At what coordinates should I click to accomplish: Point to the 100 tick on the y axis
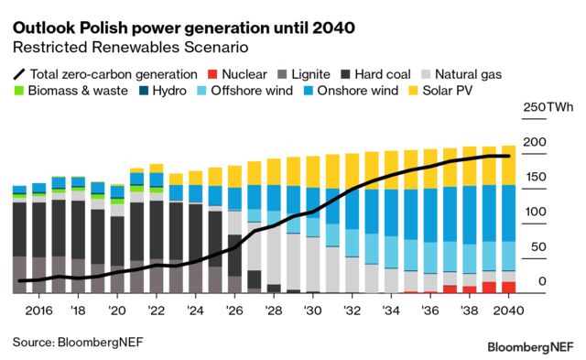[538, 212]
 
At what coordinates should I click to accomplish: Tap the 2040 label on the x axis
[508, 311]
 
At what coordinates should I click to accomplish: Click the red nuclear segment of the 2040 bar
[508, 287]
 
